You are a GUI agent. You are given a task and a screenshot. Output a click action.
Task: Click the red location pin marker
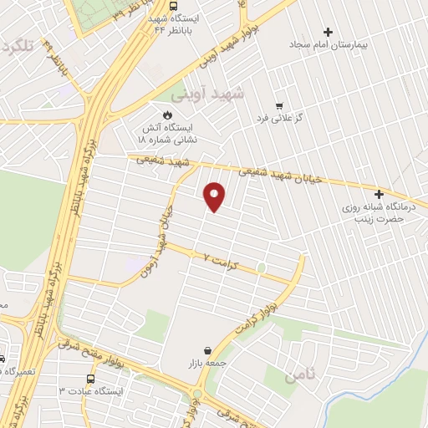pyautogui.click(x=214, y=196)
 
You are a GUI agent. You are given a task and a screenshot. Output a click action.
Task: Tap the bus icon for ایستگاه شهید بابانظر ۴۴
pyautogui.click(x=173, y=6)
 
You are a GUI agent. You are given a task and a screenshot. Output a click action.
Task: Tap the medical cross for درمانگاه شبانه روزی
pyautogui.click(x=381, y=194)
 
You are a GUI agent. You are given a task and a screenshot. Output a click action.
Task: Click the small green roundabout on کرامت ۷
pyautogui.click(x=262, y=268)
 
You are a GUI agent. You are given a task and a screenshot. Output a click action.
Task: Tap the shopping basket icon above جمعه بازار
pyautogui.click(x=206, y=351)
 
